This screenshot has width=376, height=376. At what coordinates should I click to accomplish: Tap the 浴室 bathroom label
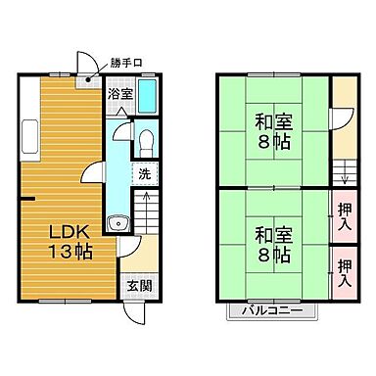coord(119,95)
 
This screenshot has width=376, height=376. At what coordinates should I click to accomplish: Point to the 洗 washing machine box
coord(143,174)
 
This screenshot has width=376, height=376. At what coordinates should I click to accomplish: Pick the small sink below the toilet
coord(119,222)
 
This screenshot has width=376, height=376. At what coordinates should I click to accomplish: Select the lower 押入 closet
coord(344,271)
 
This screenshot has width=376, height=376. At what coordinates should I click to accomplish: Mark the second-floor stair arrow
coord(343,173)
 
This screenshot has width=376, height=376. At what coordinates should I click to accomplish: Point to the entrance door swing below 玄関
coord(139,313)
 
